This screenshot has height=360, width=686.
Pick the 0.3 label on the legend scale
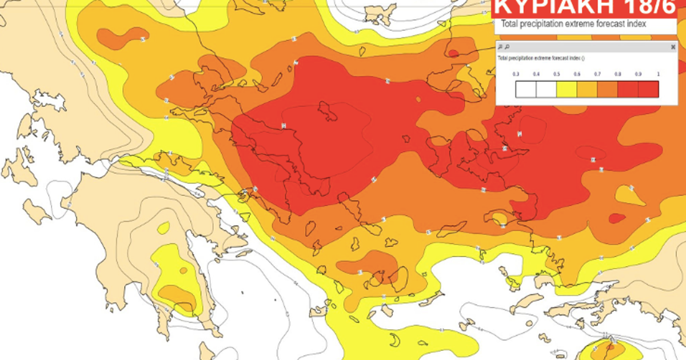516,74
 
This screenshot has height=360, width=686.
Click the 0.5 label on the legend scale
557,74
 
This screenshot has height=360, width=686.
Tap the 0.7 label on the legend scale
597,74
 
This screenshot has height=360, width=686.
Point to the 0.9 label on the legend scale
639,74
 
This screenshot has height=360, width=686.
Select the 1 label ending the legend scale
658,74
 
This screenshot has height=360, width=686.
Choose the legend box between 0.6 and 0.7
587,90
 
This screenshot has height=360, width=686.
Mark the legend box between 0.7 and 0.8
608,90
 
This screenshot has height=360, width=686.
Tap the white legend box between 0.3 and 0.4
526,90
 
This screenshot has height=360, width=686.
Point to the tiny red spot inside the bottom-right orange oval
610,346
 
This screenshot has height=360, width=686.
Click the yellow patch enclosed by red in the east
630,195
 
